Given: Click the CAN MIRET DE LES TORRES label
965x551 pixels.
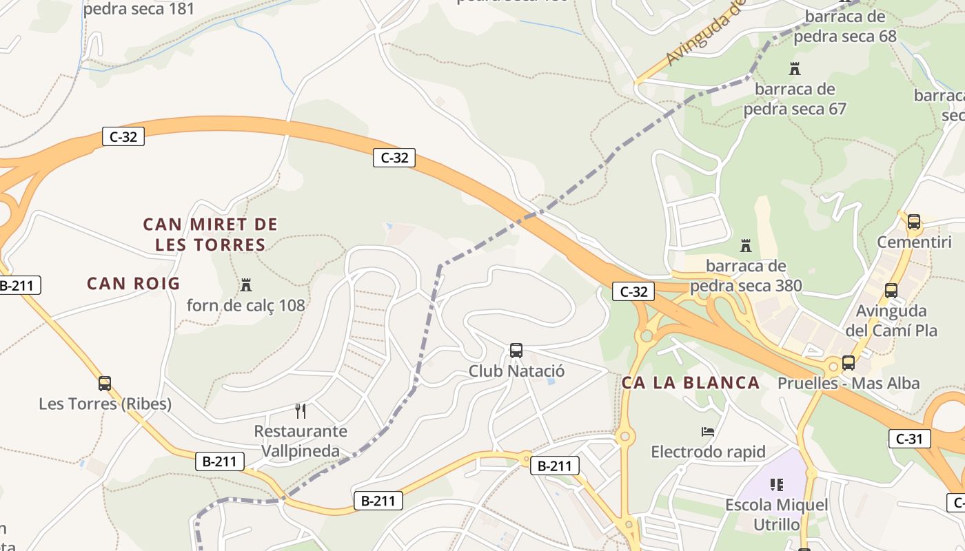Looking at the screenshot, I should [210, 234].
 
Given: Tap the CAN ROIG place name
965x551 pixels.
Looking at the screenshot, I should [133, 283].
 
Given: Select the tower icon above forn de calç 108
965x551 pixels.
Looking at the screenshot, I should [245, 284].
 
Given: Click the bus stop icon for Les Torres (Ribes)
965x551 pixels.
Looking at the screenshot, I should [105, 384].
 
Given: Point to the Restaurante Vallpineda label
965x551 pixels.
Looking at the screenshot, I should [301, 441].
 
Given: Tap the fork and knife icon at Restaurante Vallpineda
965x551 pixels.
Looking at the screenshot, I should [301, 411].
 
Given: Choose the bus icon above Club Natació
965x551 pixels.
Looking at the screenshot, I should [516, 351].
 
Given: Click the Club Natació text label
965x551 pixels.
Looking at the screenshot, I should [516, 371].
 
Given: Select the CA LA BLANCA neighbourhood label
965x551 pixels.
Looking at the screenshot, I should [691, 383].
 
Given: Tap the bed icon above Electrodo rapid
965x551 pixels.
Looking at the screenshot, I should [708, 432].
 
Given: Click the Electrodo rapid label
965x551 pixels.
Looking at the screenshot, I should [708, 452].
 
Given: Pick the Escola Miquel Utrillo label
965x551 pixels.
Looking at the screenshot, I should [777, 514].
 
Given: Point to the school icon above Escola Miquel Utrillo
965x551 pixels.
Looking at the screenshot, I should [777, 485].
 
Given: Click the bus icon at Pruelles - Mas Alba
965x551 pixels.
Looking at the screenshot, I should [849, 363].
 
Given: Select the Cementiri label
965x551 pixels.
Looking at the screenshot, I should [914, 242].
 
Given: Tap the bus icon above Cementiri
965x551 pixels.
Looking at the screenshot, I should [914, 222].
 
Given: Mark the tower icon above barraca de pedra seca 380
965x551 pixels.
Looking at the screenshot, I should [745, 245].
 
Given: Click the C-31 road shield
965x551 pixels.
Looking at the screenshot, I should [910, 438].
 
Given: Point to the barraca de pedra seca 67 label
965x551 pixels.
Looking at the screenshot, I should [795, 99].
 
